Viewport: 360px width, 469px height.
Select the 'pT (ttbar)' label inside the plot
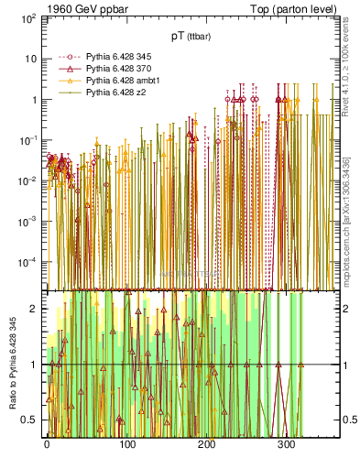pos(190,36)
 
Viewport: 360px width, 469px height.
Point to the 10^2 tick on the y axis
pos(27,18)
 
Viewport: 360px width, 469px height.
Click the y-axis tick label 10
pos(29,59)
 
